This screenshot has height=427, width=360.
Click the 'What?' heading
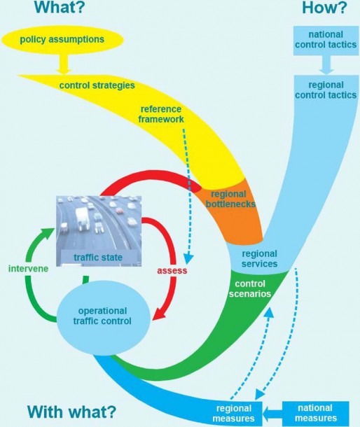click(x=60, y=8)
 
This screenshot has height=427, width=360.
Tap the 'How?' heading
click(x=324, y=8)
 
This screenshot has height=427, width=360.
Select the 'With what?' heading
click(x=71, y=412)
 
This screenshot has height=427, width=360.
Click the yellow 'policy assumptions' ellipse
click(x=62, y=39)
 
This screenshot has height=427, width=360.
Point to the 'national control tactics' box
click(x=326, y=41)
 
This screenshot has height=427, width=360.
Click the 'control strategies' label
click(x=97, y=85)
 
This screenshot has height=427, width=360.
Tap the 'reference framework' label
click(x=161, y=114)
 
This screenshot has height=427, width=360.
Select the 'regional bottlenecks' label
click(x=230, y=199)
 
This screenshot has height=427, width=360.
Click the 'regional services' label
click(x=259, y=258)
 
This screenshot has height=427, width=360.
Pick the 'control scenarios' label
click(x=250, y=288)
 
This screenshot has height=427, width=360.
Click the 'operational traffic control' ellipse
click(x=103, y=318)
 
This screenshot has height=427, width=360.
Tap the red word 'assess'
click(x=172, y=270)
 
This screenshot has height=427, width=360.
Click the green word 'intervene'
click(x=28, y=269)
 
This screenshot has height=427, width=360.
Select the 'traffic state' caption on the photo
click(x=98, y=258)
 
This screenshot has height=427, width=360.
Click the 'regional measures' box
click(x=233, y=413)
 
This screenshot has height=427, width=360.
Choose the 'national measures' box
click(x=316, y=413)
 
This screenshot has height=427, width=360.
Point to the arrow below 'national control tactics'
click(x=326, y=65)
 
